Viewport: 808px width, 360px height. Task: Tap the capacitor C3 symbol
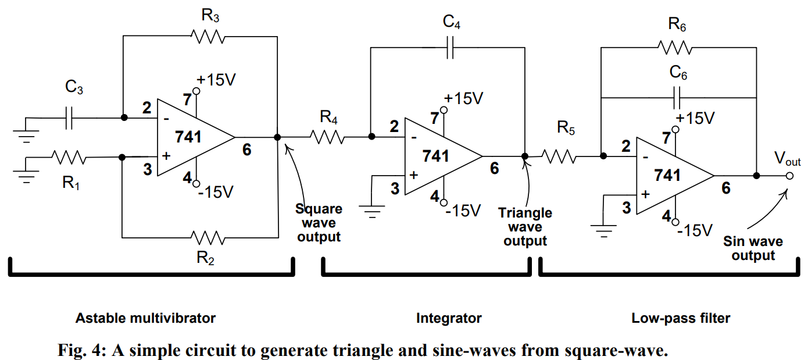[x=69, y=118]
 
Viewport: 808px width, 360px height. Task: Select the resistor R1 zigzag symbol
[x=69, y=157]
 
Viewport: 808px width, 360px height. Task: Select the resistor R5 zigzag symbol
[x=559, y=156]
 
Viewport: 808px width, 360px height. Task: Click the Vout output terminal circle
[x=789, y=176]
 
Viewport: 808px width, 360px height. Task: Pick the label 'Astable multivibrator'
[x=145, y=318]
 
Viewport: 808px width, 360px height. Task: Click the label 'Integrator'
[x=449, y=318]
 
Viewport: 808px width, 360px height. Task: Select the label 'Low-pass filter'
[x=681, y=318]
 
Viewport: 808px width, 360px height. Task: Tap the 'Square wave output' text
[x=319, y=223]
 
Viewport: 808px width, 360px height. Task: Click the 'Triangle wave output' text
[x=525, y=227]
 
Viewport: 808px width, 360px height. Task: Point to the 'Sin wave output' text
[x=753, y=248]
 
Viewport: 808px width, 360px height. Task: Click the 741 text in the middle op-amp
[x=435, y=156]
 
